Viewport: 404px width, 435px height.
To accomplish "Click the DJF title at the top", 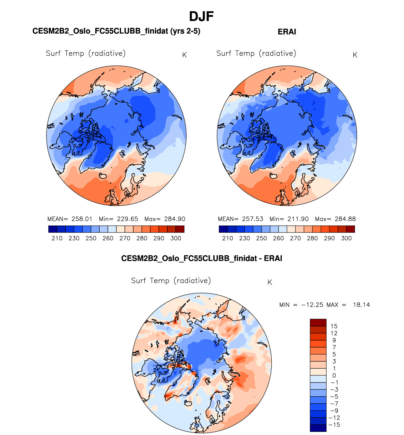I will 202,16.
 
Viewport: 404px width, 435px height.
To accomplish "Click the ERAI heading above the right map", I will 287,32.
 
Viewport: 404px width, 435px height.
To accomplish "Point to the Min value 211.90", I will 297,219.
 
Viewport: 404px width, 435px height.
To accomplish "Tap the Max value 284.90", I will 174,219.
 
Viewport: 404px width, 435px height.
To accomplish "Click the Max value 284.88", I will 345,219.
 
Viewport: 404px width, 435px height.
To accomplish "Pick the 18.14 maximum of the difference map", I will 361,305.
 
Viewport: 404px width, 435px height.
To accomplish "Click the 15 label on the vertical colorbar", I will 334,326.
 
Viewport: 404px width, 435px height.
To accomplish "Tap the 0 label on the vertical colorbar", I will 334,376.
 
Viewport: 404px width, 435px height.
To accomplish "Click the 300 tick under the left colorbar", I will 176,238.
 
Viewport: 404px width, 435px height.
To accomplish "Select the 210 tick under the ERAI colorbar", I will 227,238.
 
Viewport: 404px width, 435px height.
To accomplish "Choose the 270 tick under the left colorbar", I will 125,238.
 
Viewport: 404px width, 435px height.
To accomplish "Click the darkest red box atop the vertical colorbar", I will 318,322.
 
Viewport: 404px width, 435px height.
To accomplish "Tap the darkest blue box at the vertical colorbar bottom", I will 318,428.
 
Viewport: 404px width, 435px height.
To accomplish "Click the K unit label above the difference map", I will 269,282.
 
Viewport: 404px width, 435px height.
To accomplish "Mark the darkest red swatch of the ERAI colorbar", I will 351,229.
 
